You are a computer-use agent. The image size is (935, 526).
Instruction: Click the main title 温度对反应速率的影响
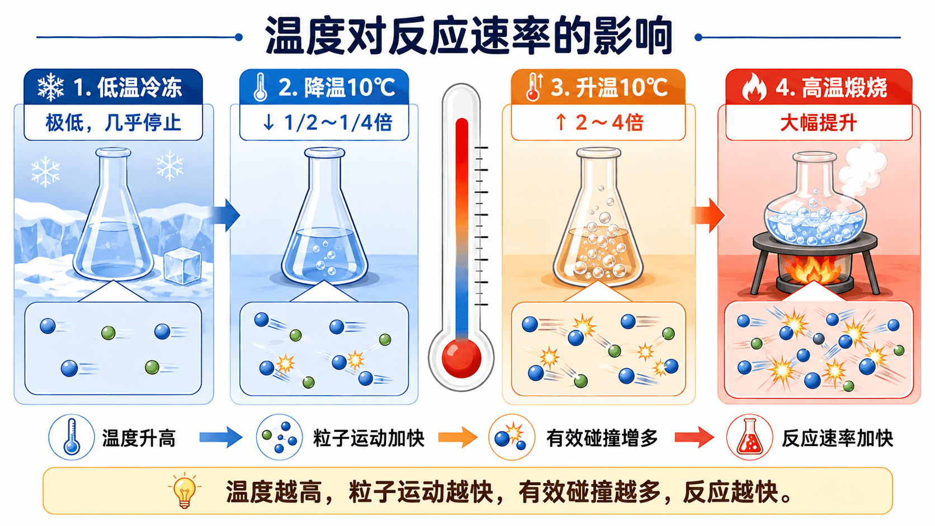(x=469, y=36)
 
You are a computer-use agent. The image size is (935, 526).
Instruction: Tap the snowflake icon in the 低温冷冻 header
(x=51, y=87)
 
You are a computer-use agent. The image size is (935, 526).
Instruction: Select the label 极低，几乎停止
(x=113, y=122)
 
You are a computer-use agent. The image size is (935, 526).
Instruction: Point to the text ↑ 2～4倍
(x=599, y=122)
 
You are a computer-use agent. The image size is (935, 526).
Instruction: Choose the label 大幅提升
(x=819, y=123)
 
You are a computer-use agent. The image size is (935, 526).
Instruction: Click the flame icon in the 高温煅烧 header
(x=754, y=87)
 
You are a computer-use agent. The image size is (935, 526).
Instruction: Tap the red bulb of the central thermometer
(x=461, y=358)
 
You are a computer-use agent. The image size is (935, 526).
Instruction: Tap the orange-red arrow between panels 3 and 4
(x=709, y=215)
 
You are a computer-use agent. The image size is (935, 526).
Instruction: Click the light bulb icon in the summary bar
(x=185, y=491)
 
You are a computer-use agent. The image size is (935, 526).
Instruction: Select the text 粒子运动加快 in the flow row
(x=369, y=438)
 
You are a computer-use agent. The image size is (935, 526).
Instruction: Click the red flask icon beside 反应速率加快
(x=750, y=437)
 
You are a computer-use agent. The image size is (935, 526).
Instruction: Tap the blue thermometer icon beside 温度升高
(x=72, y=437)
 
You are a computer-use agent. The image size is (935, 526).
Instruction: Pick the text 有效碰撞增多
(x=602, y=438)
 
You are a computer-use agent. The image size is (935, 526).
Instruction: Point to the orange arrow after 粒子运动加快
(x=458, y=437)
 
